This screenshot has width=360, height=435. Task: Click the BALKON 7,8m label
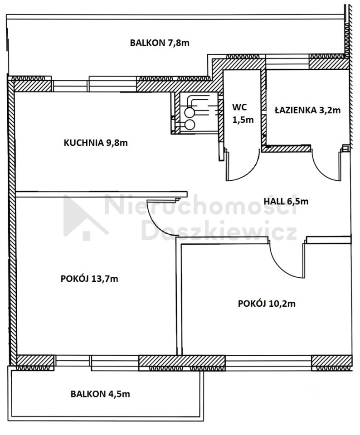[x=160, y=43]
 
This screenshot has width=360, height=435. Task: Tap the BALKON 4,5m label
[x=100, y=394]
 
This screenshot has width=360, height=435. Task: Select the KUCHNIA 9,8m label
[x=96, y=143]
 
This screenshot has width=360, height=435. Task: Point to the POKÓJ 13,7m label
[x=89, y=279]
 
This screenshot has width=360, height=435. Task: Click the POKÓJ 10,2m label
[x=267, y=304]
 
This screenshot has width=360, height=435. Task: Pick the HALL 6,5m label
[x=286, y=201]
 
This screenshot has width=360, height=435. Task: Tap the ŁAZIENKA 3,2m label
[x=307, y=110]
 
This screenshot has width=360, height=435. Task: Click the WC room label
[x=239, y=107]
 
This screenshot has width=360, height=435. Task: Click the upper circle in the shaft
[x=190, y=112]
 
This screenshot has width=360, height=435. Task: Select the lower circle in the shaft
[x=190, y=125]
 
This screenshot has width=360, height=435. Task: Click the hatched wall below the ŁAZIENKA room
[x=287, y=149]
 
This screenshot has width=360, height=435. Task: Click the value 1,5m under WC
[x=243, y=120]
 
